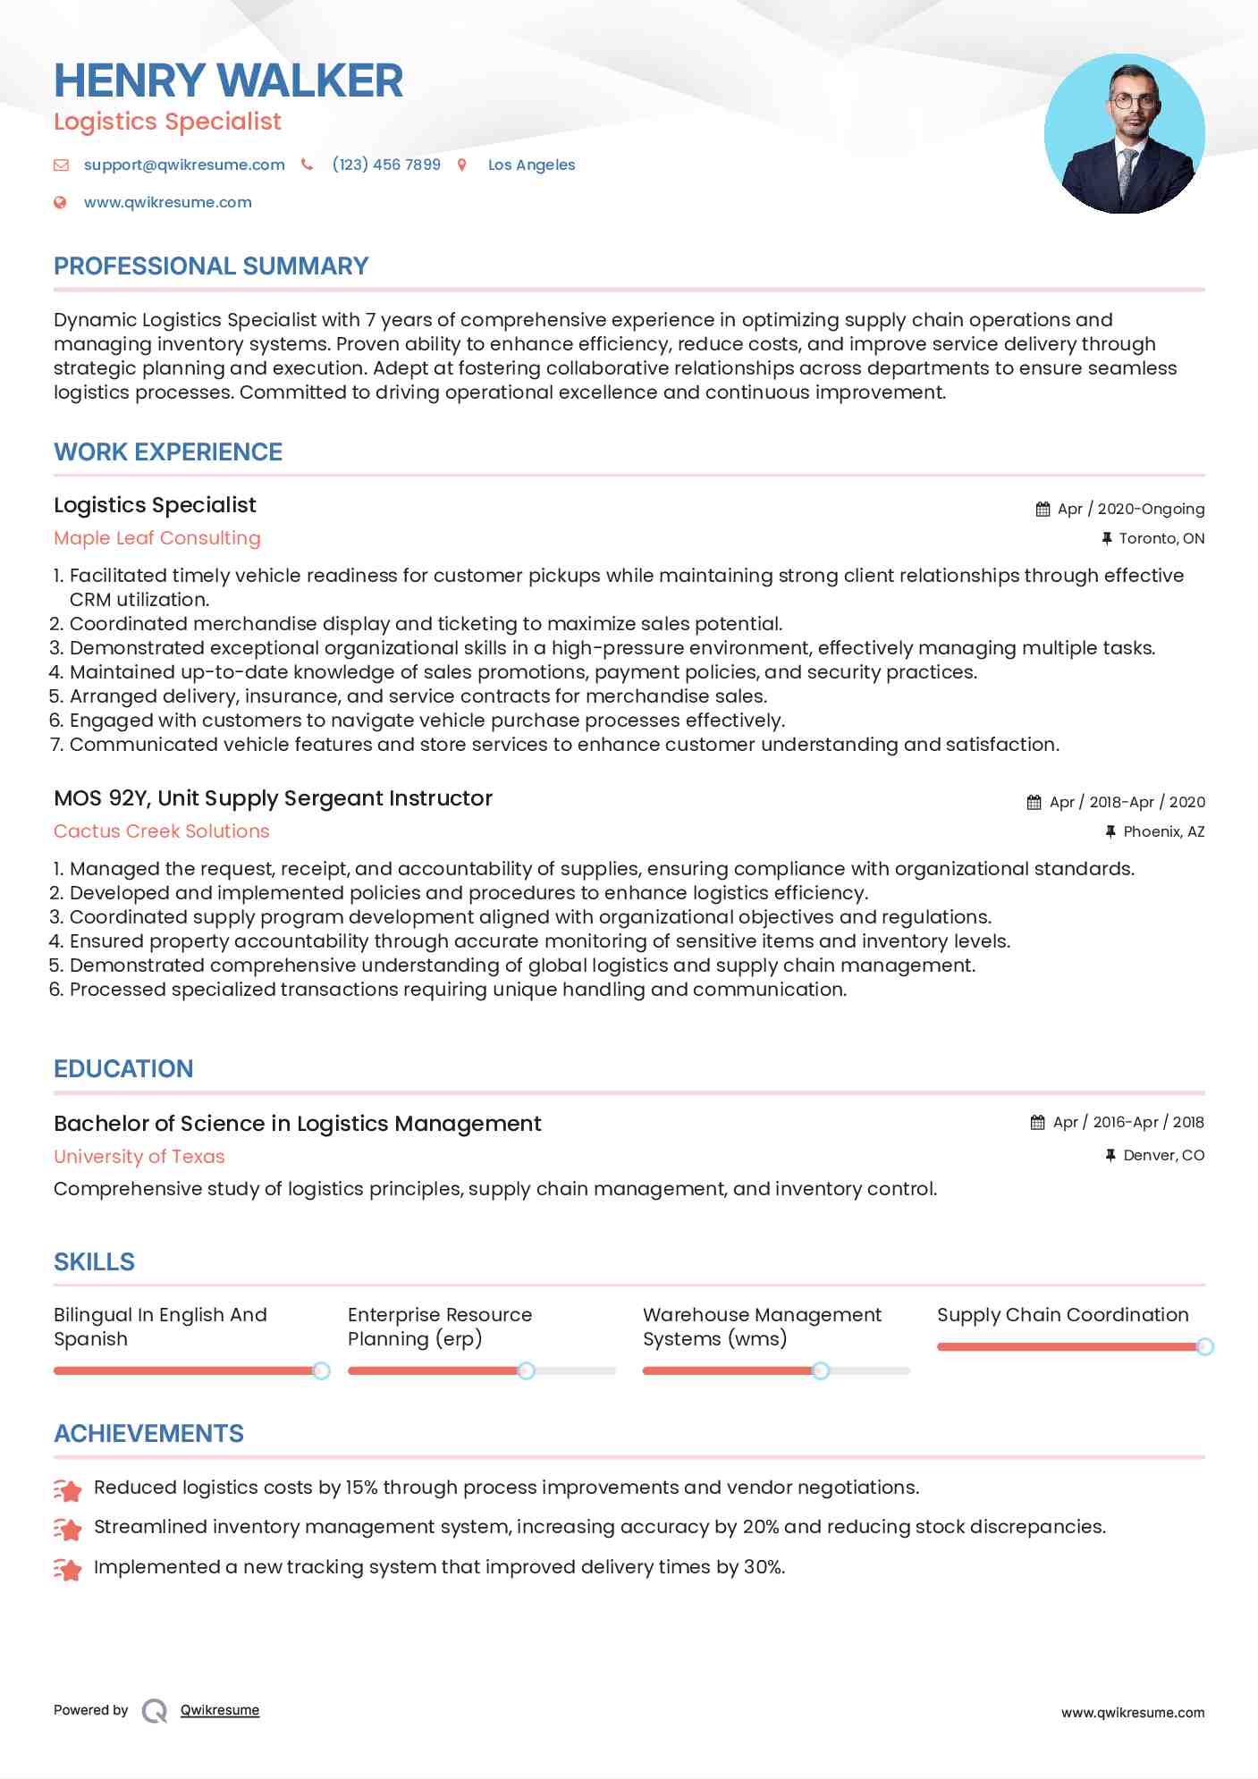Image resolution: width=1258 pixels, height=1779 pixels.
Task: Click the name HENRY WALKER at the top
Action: coord(228,80)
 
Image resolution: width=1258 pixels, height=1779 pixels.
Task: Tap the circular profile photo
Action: coord(1124,134)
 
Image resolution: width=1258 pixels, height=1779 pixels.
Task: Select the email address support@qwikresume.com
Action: coord(184,164)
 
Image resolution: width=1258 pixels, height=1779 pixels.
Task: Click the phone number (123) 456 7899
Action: coord(386,164)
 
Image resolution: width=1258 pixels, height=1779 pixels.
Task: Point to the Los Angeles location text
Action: coord(531,164)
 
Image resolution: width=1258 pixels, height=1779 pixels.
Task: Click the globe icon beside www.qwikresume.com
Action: coord(61,203)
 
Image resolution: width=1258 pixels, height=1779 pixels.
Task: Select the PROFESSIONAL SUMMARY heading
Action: coord(211,266)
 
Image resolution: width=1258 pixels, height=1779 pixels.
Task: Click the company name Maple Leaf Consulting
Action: coord(157,538)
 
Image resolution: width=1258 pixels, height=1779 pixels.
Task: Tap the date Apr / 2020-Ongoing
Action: coord(1130,510)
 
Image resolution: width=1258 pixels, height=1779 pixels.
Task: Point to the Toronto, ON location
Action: coord(1161,538)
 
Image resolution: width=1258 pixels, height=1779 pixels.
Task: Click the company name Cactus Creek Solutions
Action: coord(161,831)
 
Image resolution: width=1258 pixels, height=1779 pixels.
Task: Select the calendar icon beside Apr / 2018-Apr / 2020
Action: coord(1034,803)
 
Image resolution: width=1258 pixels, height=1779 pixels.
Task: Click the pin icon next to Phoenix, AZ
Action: coord(1110,831)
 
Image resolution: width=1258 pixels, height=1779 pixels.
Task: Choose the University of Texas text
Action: coord(139,1157)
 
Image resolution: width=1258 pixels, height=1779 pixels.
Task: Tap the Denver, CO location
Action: coord(1163,1155)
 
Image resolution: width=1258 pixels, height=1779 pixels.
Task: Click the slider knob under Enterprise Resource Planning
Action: coord(527,1370)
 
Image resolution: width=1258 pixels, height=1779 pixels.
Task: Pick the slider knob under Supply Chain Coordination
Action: coord(1204,1346)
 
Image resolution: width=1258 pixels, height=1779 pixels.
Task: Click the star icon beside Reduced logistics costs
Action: coord(68,1489)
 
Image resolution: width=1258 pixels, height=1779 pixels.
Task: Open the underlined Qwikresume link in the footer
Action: coord(220,1710)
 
